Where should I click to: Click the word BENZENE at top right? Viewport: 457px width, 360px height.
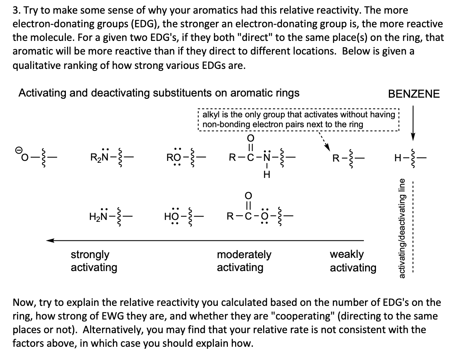pos(414,94)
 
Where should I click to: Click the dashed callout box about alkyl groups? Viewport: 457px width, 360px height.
pos(298,119)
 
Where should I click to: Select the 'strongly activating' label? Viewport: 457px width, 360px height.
pos(94,261)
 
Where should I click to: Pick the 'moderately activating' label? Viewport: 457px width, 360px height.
pos(244,261)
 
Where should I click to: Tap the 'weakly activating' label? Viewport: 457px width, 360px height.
pos(353,261)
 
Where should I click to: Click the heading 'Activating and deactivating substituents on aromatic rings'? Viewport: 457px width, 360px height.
pos(159,93)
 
